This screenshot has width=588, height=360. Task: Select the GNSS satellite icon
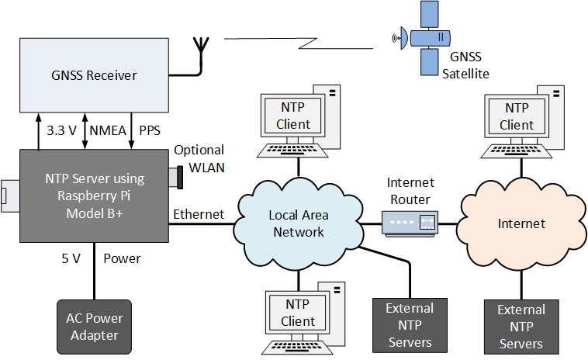pos(424,36)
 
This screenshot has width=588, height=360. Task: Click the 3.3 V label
pos(61,130)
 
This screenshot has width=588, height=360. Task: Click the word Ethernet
pos(199,214)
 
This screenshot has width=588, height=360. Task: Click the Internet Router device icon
pos(410,223)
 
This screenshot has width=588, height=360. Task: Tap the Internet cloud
pos(521,223)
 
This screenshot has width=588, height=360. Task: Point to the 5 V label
pos(71,258)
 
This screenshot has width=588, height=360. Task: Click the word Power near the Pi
pos(122,258)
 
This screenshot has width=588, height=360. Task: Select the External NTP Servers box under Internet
pos(521,327)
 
